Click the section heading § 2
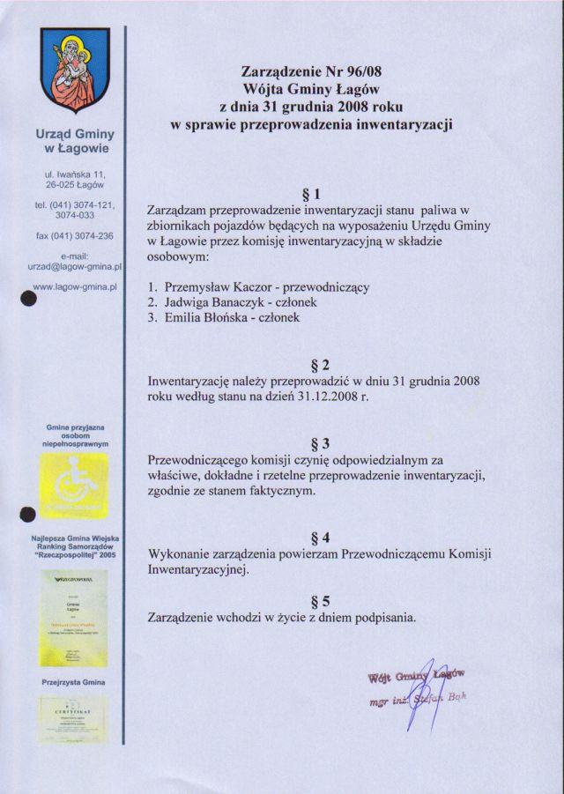click(320, 365)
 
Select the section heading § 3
click(320, 442)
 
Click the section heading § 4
click(320, 537)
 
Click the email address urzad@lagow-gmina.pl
click(74, 264)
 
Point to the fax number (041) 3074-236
click(74, 236)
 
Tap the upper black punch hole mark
click(28, 298)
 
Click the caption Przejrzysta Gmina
click(74, 682)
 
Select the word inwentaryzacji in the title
click(402, 124)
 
